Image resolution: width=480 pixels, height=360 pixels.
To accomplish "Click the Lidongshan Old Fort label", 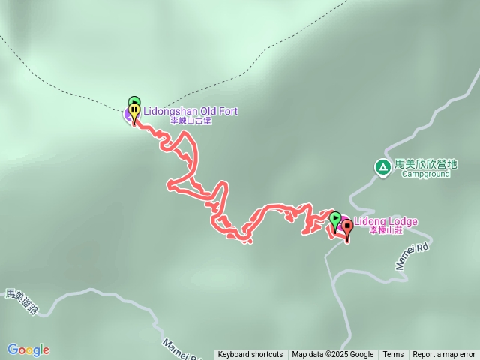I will [190, 111].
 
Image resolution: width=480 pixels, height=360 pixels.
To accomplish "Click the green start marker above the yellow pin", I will [133, 100].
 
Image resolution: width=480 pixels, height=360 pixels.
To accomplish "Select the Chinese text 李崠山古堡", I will [190, 121].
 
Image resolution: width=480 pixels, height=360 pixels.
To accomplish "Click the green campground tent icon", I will [382, 165].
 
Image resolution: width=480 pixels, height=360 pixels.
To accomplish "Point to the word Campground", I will [425, 174].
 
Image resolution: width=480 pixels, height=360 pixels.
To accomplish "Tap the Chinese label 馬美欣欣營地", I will [425, 164].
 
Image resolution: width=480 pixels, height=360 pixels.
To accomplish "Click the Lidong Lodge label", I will [385, 221].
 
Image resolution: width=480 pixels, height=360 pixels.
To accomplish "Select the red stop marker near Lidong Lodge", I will [346, 228].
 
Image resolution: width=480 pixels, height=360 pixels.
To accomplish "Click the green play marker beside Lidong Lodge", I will [334, 219].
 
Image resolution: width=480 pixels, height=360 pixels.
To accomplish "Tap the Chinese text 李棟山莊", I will [386, 231].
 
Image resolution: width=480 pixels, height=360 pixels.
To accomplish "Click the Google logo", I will [28, 349].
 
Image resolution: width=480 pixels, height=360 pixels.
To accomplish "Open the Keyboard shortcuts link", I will [250, 355].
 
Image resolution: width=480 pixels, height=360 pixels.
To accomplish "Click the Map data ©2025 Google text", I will [332, 355].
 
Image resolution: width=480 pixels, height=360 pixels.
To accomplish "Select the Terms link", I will [393, 355].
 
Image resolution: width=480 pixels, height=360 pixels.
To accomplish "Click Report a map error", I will [444, 355].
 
